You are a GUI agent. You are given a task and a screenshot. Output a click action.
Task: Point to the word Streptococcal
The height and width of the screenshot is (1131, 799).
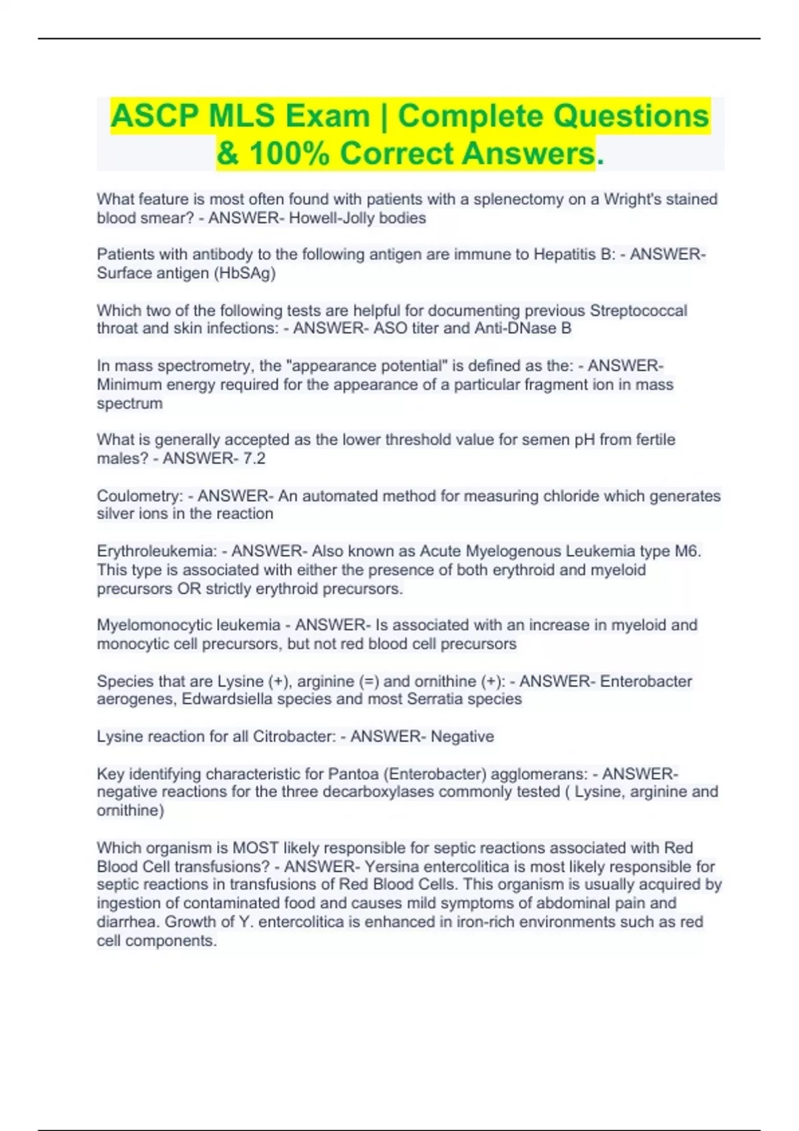(639, 311)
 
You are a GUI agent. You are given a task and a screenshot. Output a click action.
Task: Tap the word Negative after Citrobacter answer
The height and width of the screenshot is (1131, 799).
(462, 736)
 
